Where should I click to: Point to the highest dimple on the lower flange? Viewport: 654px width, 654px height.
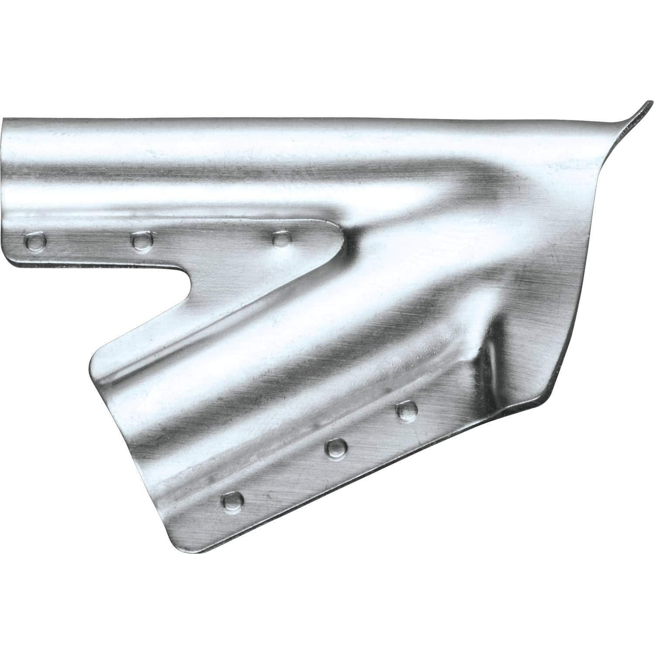tap(406, 410)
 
